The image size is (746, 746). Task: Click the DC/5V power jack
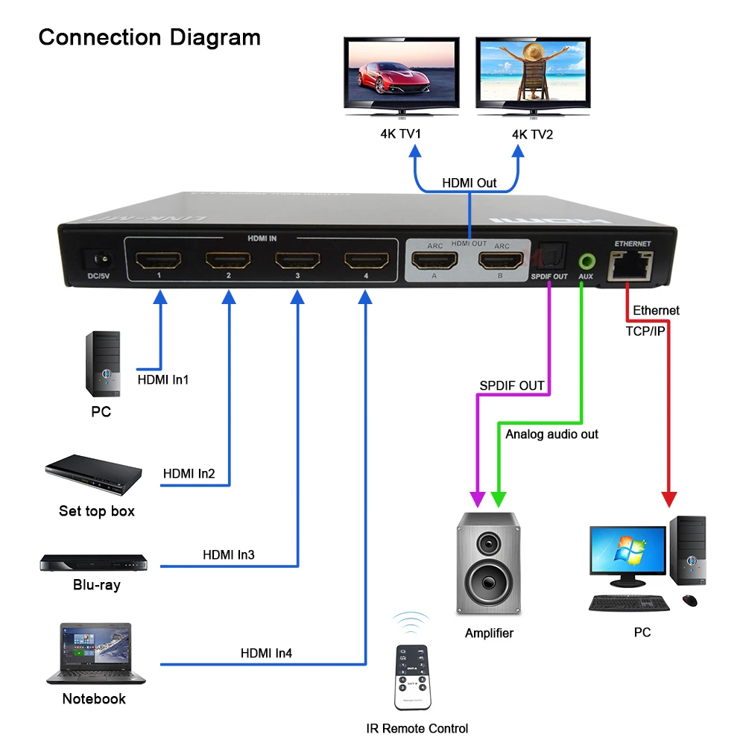click(100, 262)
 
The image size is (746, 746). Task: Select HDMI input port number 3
click(297, 261)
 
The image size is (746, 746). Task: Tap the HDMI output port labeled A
click(434, 261)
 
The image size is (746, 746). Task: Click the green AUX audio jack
click(587, 262)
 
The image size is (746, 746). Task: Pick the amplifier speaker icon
click(488, 563)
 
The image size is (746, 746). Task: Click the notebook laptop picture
click(89, 654)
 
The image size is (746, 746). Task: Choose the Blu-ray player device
click(93, 563)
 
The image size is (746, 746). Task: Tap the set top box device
click(93, 476)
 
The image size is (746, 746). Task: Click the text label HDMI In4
click(266, 654)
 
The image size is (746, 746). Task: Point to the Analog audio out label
click(551, 434)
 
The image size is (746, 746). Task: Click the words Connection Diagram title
click(149, 37)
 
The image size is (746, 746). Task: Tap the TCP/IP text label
click(645, 330)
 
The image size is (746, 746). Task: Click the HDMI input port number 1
click(159, 261)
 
